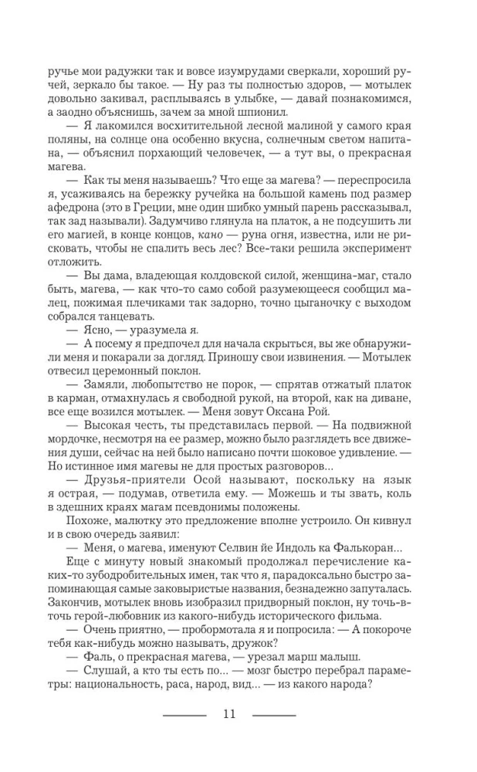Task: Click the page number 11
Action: [228, 713]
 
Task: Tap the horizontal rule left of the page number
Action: [184, 714]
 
